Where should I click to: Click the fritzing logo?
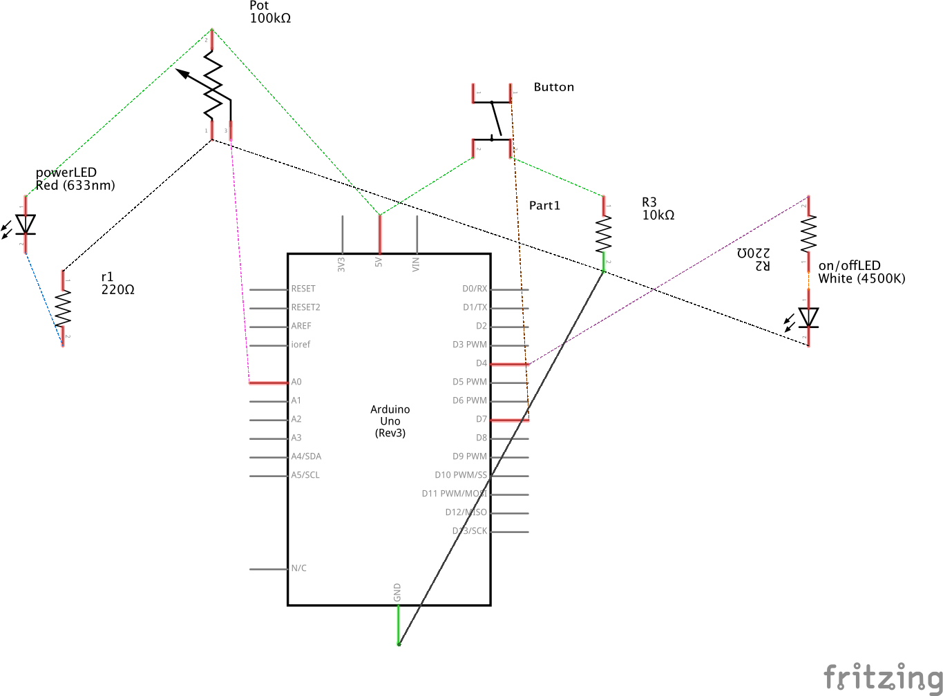(882, 677)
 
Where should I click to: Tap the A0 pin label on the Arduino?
(296, 382)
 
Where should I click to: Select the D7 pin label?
(482, 419)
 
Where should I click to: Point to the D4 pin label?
(482, 363)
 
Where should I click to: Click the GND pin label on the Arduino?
(397, 592)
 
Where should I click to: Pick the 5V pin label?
(379, 262)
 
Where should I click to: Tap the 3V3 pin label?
(341, 264)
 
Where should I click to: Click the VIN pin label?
(416, 264)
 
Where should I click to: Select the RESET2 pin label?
(305, 307)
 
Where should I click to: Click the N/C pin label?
(299, 568)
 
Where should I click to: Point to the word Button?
(553, 87)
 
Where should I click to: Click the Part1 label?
(544, 205)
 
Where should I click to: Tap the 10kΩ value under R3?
(658, 215)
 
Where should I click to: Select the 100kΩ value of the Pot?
(270, 19)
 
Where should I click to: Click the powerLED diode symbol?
(26, 224)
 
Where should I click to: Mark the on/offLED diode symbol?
(808, 318)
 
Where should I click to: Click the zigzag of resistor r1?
(63, 308)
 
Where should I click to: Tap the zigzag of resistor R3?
(604, 234)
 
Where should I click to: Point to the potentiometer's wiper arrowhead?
(182, 72)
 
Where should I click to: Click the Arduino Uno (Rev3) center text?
(390, 421)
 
